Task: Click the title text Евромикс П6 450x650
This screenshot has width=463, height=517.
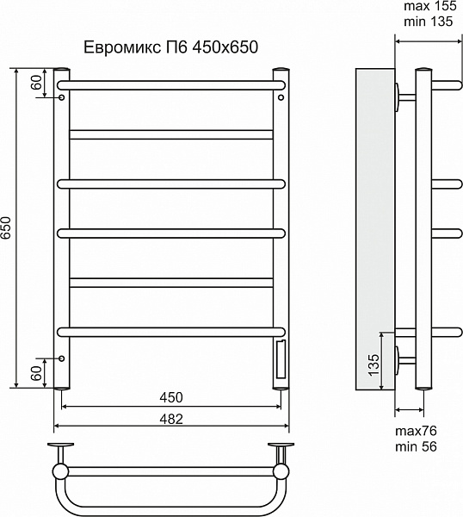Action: pyautogui.click(x=170, y=46)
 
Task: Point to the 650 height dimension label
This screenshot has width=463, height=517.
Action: pyautogui.click(x=7, y=227)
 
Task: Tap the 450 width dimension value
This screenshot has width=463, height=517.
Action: pyautogui.click(x=170, y=397)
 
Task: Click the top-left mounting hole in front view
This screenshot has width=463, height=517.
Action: pyautogui.click(x=61, y=98)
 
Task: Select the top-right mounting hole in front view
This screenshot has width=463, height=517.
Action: pyautogui.click(x=281, y=98)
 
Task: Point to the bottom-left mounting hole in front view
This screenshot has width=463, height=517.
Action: pyautogui.click(x=61, y=357)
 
